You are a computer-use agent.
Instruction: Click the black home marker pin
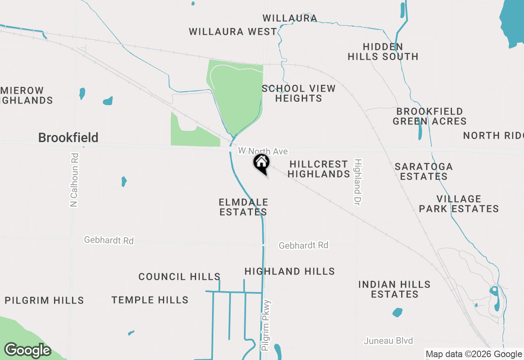pos(261,163)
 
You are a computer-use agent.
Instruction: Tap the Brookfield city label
pos(68,137)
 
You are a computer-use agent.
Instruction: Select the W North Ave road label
pos(263,151)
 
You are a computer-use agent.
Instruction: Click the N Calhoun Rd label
pos(74,180)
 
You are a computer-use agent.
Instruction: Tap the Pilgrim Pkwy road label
pos(266,325)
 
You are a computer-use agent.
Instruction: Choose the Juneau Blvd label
pos(388,340)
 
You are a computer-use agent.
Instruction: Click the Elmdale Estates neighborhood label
pos(244,207)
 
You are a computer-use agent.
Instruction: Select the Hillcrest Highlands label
pos(319,169)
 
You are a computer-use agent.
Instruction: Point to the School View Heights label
pos(299,93)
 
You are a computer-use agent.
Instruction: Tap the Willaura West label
pos(233,32)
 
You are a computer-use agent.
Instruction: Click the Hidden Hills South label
pos(383,52)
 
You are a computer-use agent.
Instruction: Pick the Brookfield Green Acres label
pos(430,116)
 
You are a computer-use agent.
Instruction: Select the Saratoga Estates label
pos(424,171)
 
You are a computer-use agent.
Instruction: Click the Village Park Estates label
pos(459,204)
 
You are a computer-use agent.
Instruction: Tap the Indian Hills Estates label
pos(395,289)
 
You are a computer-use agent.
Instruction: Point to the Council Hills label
pos(179,277)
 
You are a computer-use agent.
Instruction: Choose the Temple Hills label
pos(150,300)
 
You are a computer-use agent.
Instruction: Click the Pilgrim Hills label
pos(44,300)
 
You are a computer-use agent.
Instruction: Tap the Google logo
pos(27,351)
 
